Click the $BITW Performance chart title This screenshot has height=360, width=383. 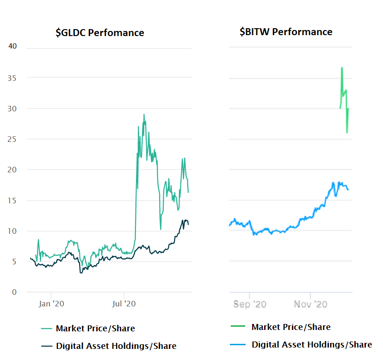point(286,32)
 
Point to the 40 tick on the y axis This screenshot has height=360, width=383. point(12,46)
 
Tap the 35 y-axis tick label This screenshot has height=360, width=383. point(12,78)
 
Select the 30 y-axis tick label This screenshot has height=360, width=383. point(12,109)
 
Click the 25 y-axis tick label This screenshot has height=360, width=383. point(12,139)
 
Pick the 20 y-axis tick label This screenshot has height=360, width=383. point(12,170)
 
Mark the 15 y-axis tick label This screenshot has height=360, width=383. point(12,201)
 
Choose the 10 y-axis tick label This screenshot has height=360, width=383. point(12,231)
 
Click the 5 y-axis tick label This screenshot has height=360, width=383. point(14,262)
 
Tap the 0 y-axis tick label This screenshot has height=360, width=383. point(14,292)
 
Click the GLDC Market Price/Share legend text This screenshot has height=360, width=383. point(95,329)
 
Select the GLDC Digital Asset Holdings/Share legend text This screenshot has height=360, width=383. point(116,346)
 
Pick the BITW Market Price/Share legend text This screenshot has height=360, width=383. point(291,327)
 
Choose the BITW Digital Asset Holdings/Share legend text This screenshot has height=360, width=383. point(312,344)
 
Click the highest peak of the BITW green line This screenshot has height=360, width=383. point(342,68)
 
